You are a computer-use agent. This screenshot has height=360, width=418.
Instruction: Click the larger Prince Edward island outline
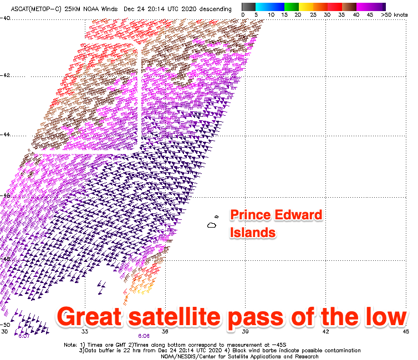point(212,225)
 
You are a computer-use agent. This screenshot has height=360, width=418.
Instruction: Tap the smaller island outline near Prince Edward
point(216,217)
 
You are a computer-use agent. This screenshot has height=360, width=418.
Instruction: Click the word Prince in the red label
point(250,215)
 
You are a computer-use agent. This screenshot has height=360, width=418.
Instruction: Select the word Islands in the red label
point(253,232)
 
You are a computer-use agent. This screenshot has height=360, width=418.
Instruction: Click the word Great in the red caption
point(90,317)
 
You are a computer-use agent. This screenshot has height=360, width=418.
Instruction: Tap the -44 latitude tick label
point(5,135)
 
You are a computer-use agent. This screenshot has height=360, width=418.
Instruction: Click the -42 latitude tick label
point(5,75)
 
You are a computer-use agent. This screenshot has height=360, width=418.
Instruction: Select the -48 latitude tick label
point(5,259)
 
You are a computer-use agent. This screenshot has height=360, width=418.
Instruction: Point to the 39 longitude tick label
point(245,332)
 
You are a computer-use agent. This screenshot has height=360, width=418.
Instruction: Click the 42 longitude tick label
point(325,332)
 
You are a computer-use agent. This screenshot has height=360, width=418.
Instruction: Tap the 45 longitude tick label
point(406,332)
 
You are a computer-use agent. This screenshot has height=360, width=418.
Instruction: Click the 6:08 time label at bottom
point(144,336)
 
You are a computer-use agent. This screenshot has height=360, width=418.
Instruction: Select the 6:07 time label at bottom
point(24,336)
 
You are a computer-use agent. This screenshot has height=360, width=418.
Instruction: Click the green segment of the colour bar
point(292,7)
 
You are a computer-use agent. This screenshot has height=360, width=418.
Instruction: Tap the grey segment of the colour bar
point(248,7)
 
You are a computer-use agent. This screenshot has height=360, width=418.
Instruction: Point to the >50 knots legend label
point(394,15)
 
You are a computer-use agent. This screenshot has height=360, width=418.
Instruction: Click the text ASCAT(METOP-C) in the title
point(36,9)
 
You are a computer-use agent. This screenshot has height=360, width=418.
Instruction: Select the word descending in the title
point(216,9)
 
